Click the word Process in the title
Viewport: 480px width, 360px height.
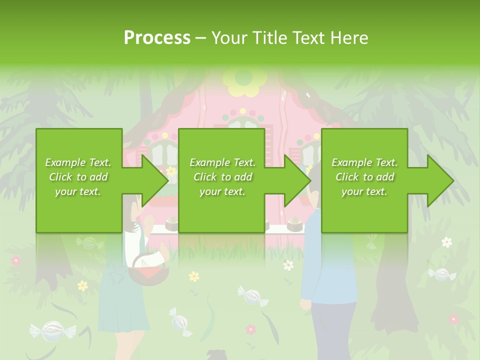[157, 38]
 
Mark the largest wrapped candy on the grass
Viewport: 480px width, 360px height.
[52, 330]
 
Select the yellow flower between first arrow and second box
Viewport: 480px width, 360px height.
[171, 171]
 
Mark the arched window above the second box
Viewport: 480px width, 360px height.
[244, 125]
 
